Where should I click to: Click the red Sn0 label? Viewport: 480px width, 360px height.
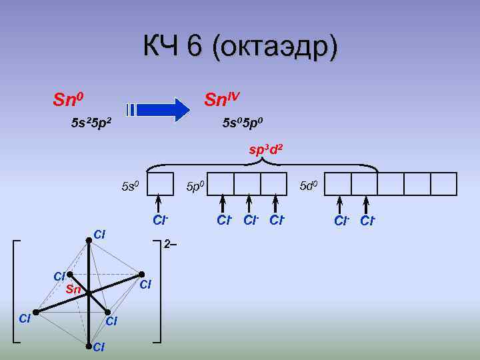pyautogui.click(x=68, y=101)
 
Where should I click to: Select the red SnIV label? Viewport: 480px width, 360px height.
pyautogui.click(x=222, y=101)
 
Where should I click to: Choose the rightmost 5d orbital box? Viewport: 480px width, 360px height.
pyautogui.click(x=443, y=183)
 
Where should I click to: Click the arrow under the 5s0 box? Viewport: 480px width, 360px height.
pyautogui.click(x=159, y=202)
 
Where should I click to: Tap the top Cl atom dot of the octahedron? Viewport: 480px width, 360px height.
pyautogui.click(x=89, y=244)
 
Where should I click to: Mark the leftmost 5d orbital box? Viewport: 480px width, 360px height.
pyautogui.click(x=338, y=183)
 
